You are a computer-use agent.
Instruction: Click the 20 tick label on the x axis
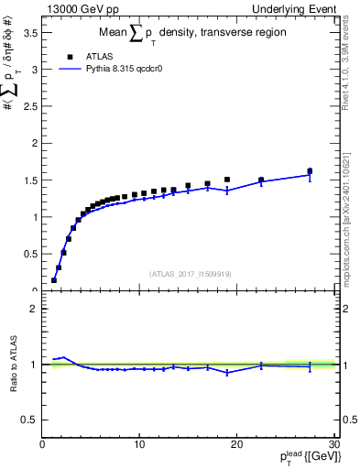tap(236, 444)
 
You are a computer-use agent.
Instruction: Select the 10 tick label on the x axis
tap(139, 444)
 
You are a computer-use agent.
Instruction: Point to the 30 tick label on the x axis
tap(333, 444)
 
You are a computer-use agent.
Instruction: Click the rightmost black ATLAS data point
tap(310, 171)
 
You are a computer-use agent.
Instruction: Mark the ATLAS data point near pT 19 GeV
tap(227, 180)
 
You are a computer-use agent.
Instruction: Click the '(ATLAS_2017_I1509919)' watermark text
tap(191, 272)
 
